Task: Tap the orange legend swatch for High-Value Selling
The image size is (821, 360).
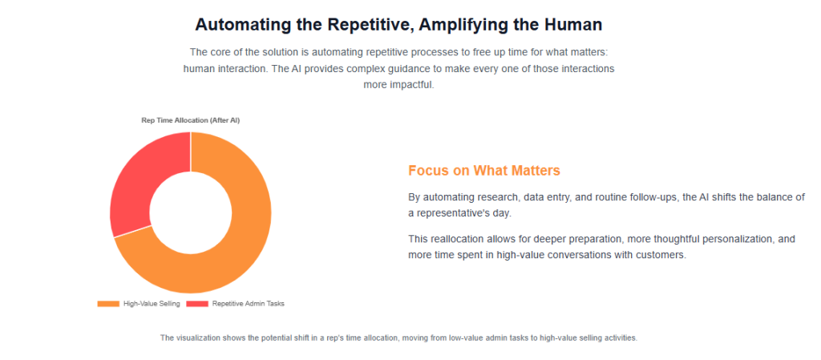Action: pyautogui.click(x=108, y=304)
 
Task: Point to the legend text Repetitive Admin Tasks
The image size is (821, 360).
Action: pyautogui.click(x=248, y=304)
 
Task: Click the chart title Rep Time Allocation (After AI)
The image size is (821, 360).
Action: pyautogui.click(x=191, y=120)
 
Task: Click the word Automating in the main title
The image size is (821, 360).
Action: pyautogui.click(x=242, y=25)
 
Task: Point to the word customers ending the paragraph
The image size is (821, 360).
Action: pyautogui.click(x=661, y=255)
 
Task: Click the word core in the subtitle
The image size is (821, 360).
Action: pyautogui.click(x=222, y=52)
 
